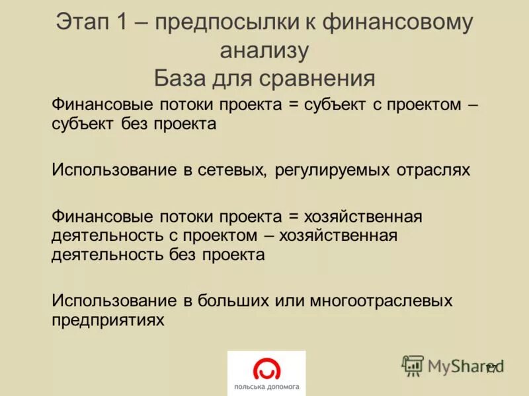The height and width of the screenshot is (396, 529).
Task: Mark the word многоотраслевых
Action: tap(378, 301)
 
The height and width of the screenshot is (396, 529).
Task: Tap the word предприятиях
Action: tap(108, 320)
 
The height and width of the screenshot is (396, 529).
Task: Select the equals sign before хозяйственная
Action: tap(294, 216)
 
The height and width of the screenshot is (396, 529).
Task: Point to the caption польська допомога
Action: tap(266, 387)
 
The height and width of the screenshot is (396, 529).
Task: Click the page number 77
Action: tap(492, 369)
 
